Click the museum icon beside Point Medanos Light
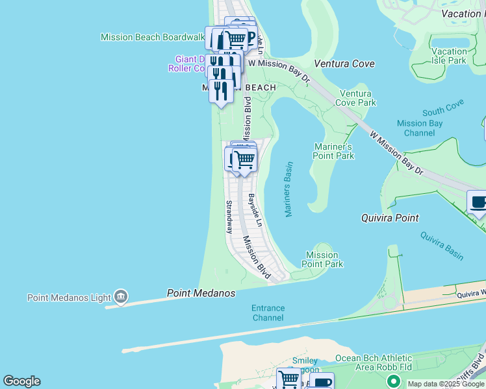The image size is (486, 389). point(120,297)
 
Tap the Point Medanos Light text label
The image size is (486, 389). point(70,298)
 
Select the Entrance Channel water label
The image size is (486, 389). point(268,313)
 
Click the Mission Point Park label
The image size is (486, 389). point(322,259)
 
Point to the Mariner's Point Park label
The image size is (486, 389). point(334,151)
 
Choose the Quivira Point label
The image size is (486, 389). point(390,218)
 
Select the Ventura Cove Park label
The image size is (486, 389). point(355,98)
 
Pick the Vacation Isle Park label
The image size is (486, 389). point(449,56)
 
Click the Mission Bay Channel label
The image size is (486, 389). point(420,128)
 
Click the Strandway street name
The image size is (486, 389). point(229,217)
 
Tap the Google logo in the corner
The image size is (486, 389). point(21,381)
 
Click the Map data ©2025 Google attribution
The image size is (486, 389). point(446,384)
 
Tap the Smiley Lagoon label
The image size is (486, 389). point(305,365)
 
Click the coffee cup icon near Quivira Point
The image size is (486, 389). point(478,202)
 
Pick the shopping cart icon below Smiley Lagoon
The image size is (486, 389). point(288,379)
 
